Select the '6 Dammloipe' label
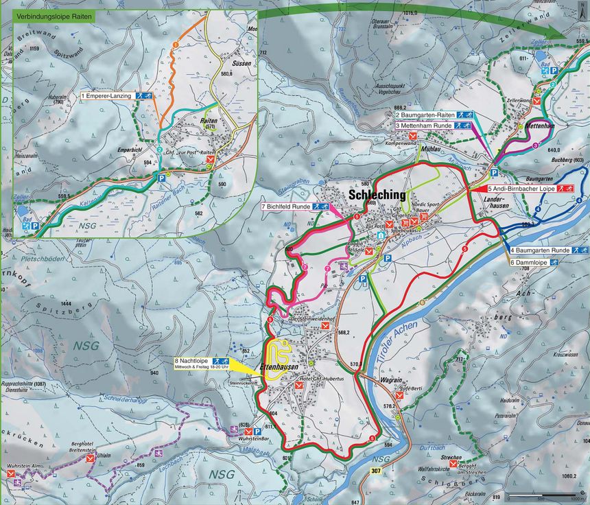[x=530, y=261]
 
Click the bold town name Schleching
[x=377, y=195]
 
